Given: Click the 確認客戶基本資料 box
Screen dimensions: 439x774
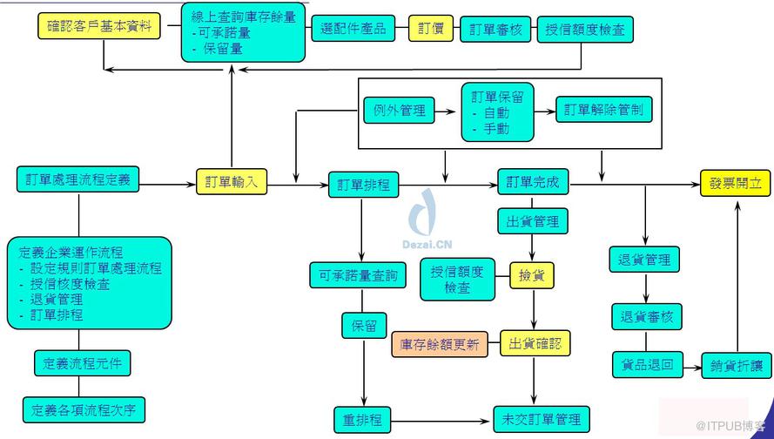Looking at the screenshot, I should click(100, 26).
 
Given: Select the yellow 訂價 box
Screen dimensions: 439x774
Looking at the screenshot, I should click(430, 29).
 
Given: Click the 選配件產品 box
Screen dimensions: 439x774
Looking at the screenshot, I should click(353, 29).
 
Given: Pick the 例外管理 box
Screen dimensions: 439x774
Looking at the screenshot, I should click(398, 111).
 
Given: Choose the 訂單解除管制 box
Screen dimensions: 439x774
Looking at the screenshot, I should click(603, 111).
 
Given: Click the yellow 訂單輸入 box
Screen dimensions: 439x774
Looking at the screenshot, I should click(231, 182).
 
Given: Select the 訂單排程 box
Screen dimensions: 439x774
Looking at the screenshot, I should click(364, 185).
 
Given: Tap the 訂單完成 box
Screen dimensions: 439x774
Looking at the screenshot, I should click(533, 184).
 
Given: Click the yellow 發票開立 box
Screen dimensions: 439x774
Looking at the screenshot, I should click(735, 184).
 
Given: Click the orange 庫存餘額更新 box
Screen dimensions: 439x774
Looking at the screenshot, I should click(440, 344).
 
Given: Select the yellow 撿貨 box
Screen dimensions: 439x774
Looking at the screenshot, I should click(532, 275).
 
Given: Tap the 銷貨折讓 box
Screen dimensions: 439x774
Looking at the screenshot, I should click(737, 366).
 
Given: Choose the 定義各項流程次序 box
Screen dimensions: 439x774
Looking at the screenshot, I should click(84, 409).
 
